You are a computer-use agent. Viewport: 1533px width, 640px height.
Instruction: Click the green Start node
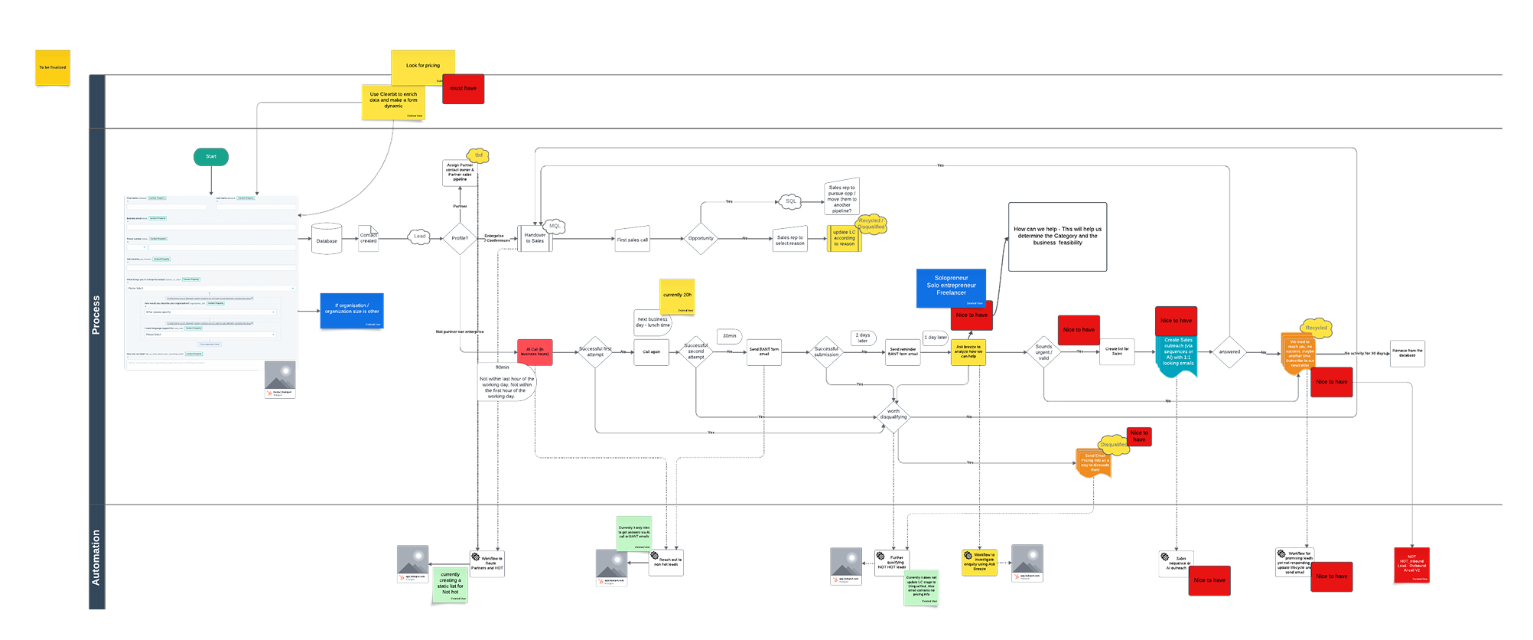(x=211, y=157)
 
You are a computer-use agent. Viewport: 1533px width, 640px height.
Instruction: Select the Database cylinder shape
(x=327, y=240)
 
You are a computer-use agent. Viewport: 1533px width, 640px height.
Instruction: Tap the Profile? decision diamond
(x=460, y=238)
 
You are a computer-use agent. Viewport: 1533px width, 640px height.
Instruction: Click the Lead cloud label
(x=419, y=237)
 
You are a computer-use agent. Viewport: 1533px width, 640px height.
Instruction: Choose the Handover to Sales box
(x=535, y=238)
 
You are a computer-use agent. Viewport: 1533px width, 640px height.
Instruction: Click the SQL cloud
(x=791, y=201)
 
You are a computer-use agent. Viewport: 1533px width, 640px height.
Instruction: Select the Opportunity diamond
(x=701, y=238)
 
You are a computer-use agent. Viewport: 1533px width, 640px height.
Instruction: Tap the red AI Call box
(x=535, y=352)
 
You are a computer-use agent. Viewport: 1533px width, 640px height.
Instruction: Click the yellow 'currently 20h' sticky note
(x=677, y=296)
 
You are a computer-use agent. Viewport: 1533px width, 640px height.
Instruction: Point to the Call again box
(x=652, y=352)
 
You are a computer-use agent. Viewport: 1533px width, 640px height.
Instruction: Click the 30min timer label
(x=730, y=336)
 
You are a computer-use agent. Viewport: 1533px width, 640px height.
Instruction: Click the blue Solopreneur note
(x=951, y=287)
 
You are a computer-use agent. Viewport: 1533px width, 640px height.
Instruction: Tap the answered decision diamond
(x=1229, y=352)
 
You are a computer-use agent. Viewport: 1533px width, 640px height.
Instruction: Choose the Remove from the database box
(x=1408, y=353)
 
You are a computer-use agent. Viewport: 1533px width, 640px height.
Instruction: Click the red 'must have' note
(x=463, y=89)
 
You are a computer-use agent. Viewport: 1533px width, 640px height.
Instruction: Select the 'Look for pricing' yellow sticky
(x=423, y=67)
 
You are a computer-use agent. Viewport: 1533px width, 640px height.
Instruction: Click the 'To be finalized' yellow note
(x=53, y=67)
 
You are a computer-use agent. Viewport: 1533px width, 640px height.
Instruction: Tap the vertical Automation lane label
(x=96, y=557)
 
